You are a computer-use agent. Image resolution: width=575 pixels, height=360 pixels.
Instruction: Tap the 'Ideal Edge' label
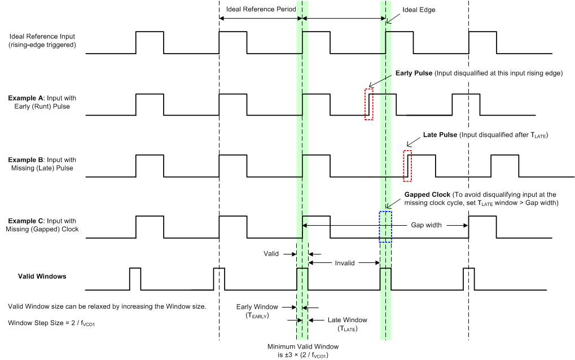(x=419, y=10)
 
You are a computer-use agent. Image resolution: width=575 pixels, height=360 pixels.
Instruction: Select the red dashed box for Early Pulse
(x=369, y=104)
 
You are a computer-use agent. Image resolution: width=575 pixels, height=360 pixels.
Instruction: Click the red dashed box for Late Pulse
(x=407, y=166)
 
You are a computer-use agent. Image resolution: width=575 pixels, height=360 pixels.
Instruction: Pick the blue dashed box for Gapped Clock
(x=385, y=226)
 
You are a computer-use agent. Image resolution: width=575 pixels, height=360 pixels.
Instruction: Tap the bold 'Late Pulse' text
(x=440, y=135)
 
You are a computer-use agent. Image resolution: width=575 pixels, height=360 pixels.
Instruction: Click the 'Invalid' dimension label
(x=344, y=263)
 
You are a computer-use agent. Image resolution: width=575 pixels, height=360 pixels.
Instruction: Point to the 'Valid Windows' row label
(x=42, y=276)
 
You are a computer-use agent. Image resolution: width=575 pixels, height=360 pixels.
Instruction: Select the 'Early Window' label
(x=257, y=311)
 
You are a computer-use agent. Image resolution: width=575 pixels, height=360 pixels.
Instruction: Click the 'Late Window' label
(x=347, y=324)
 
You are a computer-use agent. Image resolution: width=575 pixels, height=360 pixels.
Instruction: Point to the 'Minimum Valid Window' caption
(x=300, y=350)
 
